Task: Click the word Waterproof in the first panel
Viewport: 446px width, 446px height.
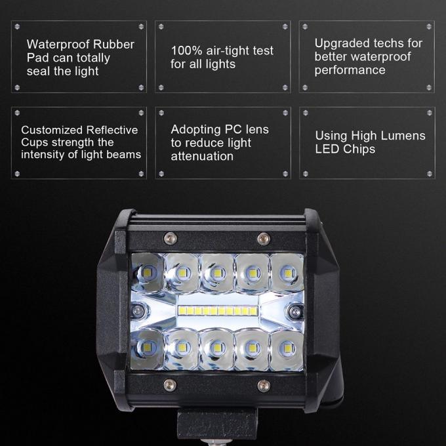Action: [58, 45]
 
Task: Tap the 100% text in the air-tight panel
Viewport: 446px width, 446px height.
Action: [186, 51]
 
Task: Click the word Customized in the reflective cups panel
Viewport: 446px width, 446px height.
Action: [52, 130]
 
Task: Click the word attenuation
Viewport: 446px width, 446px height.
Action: [202, 156]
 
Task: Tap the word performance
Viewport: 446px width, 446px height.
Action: [350, 70]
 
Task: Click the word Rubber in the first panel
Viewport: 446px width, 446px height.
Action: [113, 45]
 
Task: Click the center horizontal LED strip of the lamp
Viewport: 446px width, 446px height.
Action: [218, 311]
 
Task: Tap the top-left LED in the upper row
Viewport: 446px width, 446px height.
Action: [148, 273]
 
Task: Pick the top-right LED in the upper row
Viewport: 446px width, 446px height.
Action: [288, 273]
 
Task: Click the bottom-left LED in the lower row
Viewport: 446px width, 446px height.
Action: [149, 347]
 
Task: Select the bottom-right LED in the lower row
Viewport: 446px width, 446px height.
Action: [287, 348]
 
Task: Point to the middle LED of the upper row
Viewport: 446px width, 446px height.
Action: [218, 273]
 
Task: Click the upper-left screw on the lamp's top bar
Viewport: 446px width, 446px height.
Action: [171, 237]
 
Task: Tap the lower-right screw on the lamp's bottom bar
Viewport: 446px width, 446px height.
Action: [264, 386]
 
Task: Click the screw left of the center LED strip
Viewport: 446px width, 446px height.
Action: [138, 311]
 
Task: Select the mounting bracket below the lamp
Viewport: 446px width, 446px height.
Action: [216, 425]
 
